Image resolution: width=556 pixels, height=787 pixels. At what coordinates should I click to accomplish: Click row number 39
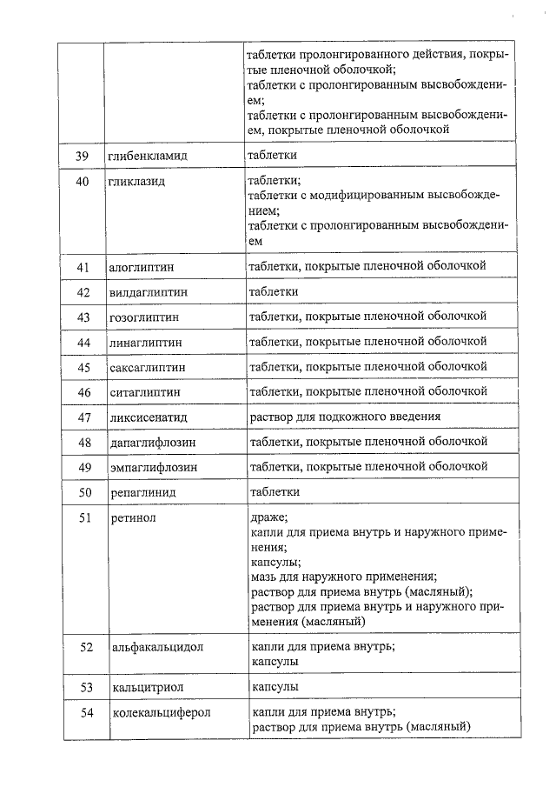tap(83, 155)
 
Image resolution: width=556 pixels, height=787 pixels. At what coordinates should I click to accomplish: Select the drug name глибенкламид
tap(149, 155)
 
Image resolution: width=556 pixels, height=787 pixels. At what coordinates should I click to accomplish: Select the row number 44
tap(83, 343)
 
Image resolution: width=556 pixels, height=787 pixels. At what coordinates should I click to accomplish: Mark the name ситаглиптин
tap(145, 393)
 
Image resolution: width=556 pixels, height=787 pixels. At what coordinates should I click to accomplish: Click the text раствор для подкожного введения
tap(344, 417)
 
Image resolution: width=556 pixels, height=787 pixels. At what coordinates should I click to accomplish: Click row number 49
tap(83, 468)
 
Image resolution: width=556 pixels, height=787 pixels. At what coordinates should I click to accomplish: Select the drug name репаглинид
tap(143, 493)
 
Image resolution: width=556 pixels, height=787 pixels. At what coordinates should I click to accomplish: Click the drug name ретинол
tap(132, 518)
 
